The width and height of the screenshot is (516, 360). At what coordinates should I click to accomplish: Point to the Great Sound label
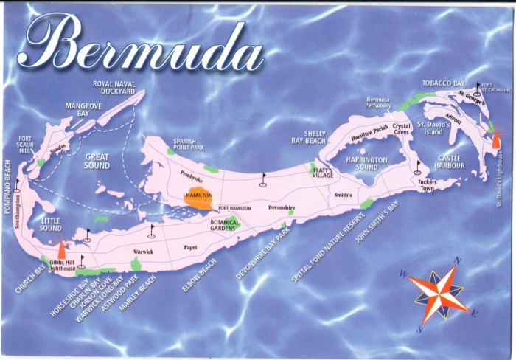coord(97,161)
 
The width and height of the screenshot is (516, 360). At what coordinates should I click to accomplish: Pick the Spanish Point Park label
coord(189,144)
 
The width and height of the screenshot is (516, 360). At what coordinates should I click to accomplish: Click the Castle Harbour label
coord(450,162)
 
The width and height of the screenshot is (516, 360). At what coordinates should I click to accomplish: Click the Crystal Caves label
coord(401,130)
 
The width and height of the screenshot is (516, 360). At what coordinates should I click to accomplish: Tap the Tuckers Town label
coord(427,186)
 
